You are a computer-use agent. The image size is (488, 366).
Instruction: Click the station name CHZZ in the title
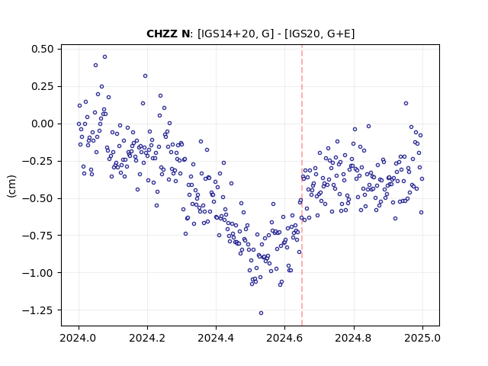click(x=161, y=34)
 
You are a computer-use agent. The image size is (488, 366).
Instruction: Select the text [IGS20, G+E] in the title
click(x=322, y=34)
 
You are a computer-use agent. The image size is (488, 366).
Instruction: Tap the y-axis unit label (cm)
click(x=12, y=186)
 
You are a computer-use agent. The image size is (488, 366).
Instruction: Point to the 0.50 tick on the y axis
click(x=43, y=49)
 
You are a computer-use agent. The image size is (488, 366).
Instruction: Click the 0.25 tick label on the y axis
click(x=43, y=86)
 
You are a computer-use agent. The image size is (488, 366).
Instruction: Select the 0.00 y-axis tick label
click(x=43, y=124)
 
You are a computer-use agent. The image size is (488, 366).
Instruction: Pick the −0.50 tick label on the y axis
click(x=38, y=198)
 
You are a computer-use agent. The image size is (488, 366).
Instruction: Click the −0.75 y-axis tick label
click(x=38, y=236)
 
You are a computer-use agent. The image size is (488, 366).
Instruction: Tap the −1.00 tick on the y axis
click(x=38, y=273)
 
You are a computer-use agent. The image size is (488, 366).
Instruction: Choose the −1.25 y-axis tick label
click(x=38, y=310)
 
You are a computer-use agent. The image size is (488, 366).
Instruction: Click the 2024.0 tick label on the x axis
click(x=79, y=338)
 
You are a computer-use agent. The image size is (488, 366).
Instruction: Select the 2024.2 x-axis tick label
click(x=147, y=338)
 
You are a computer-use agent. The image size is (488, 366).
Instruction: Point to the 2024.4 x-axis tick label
click(x=216, y=338)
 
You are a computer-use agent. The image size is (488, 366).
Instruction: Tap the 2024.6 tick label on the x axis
click(x=284, y=338)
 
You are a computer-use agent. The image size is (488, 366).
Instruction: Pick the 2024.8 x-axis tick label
click(x=354, y=338)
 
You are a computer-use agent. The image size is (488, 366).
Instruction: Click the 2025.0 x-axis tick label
click(x=422, y=338)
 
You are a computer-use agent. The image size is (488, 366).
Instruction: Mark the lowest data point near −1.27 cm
click(x=261, y=313)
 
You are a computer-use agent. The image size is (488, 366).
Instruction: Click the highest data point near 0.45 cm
click(x=105, y=57)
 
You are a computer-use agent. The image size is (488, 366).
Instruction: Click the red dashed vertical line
click(x=302, y=185)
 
